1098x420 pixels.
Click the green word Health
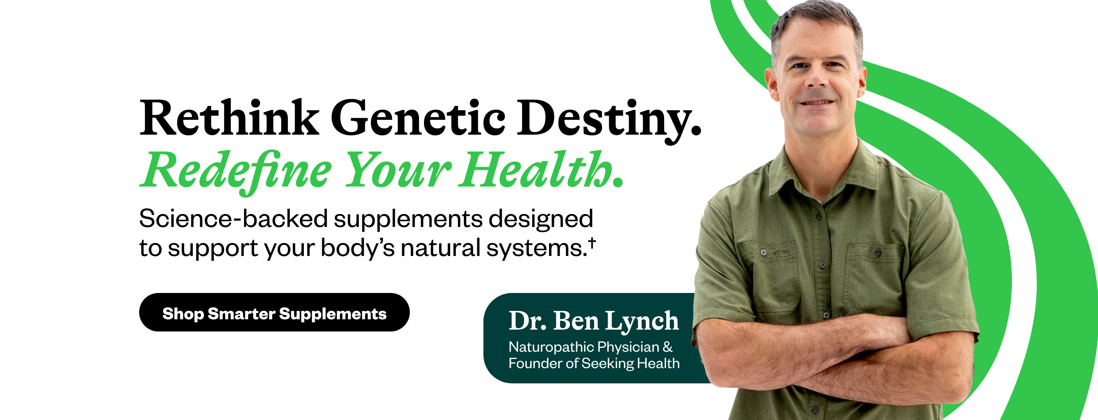pyautogui.click(x=535, y=169)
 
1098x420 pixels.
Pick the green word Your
pyautogui.click(x=397, y=170)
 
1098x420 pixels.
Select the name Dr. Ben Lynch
pyautogui.click(x=593, y=321)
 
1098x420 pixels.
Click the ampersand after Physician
pyautogui.click(x=668, y=347)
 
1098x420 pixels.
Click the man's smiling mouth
pyautogui.click(x=817, y=102)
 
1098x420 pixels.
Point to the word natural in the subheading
pyautogui.click(x=441, y=247)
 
